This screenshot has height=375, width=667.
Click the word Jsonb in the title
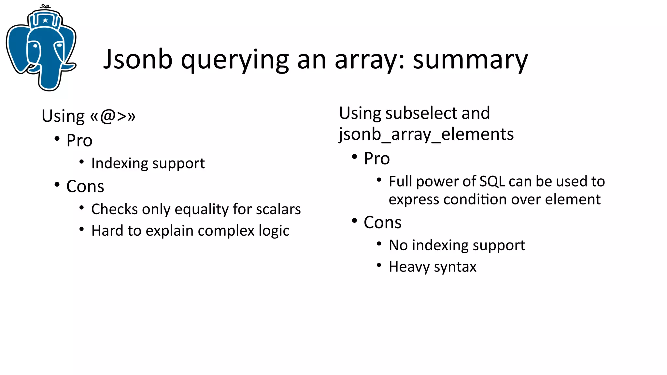tap(137, 60)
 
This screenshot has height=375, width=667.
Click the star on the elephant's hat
tap(45, 21)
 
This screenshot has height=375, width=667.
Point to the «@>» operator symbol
tap(113, 116)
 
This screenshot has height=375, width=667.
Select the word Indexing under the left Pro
tap(119, 163)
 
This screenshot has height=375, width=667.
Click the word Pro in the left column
tap(79, 141)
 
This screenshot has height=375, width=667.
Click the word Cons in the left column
tap(85, 187)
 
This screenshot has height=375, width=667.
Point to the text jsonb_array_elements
tap(426, 134)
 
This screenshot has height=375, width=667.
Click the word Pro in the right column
tap(377, 159)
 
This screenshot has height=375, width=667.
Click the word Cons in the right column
tap(382, 223)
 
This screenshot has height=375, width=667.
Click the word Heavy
tap(409, 267)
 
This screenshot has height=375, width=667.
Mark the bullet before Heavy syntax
tap(379, 265)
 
